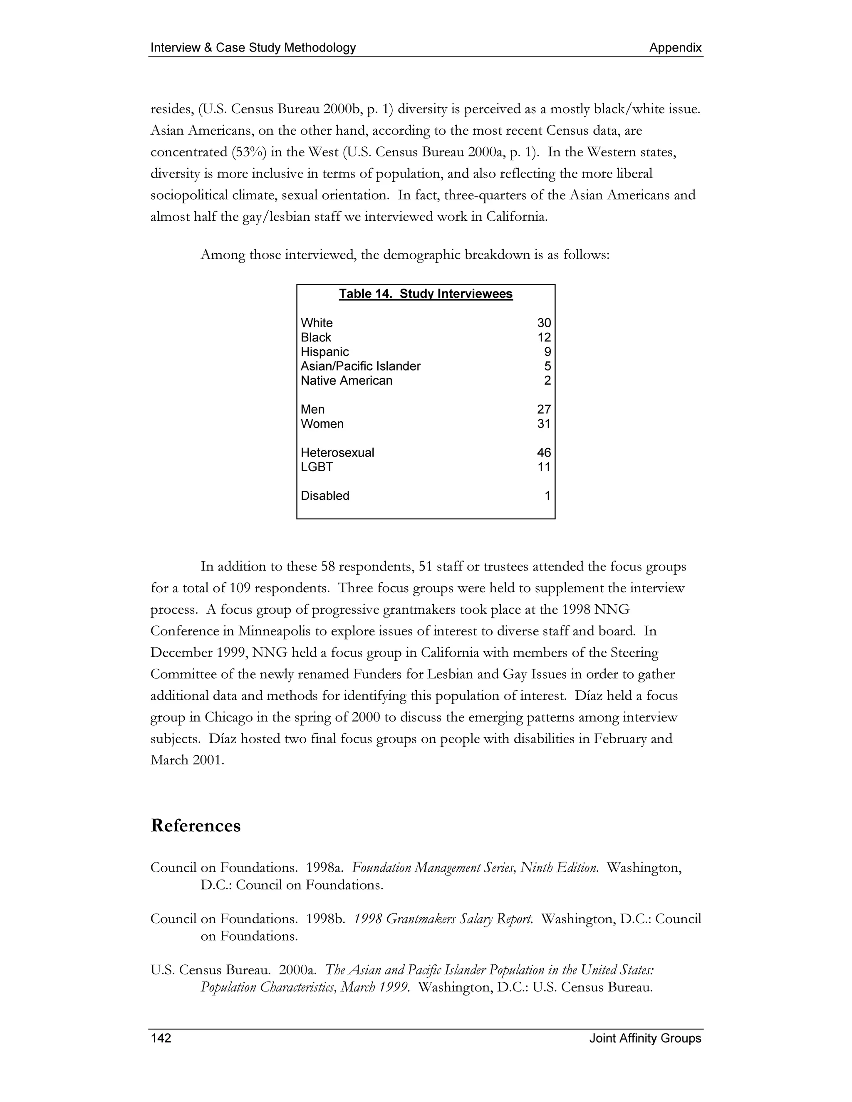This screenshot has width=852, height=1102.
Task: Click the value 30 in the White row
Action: (x=544, y=323)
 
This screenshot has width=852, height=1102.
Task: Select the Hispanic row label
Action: (x=324, y=352)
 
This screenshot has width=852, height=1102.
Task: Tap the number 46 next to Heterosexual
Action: (x=544, y=452)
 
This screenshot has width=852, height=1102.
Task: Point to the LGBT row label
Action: (x=317, y=467)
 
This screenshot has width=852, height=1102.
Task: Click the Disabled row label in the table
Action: (x=324, y=496)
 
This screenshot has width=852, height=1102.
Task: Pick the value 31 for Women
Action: (x=544, y=424)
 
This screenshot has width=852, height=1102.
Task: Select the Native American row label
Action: (x=346, y=381)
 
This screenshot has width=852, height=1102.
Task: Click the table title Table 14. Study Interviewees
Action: (x=426, y=294)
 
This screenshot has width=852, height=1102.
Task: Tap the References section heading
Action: (x=196, y=825)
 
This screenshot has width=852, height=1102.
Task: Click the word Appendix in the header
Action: (x=675, y=48)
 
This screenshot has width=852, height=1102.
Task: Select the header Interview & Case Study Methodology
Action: (x=253, y=48)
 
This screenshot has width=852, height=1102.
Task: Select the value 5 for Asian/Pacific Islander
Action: (x=547, y=366)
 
